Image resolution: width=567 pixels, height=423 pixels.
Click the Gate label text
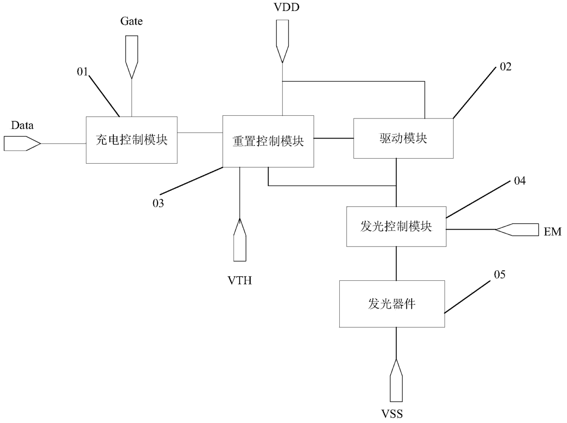(132, 21)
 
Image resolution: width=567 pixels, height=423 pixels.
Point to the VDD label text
(286, 7)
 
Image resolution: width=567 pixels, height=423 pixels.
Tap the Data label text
(22, 125)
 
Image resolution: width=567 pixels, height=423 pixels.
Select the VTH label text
(240, 280)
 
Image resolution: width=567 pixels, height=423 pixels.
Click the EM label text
(552, 232)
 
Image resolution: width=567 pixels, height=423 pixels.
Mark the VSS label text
(392, 414)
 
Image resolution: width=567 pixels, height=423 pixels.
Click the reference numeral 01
(83, 72)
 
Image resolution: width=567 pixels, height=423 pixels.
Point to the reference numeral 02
(506, 67)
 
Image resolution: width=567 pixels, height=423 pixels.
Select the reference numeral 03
(158, 203)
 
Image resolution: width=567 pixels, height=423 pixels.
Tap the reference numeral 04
(520, 181)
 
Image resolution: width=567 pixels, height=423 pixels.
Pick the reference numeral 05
(500, 274)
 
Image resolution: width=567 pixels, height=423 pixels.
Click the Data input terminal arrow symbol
(22, 144)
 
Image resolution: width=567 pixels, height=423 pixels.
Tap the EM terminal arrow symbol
(517, 229)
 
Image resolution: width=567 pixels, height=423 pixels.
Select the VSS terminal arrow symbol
(396, 380)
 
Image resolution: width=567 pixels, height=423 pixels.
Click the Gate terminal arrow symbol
(132, 57)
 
